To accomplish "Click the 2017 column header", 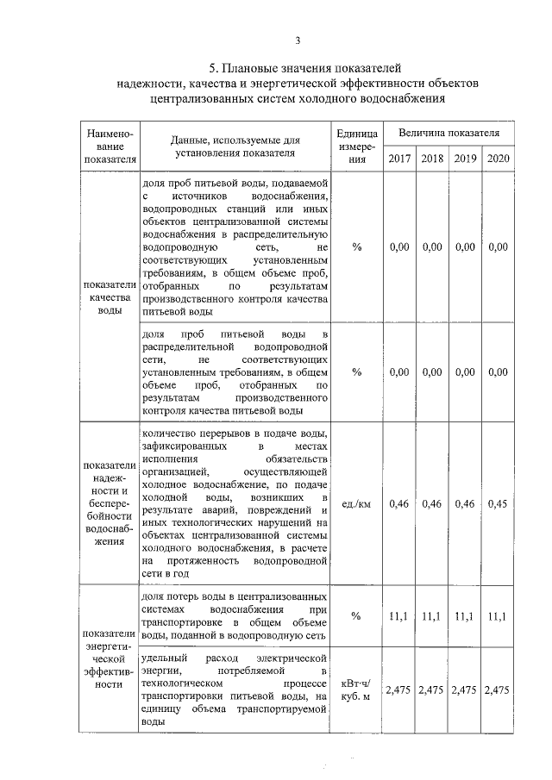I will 399,159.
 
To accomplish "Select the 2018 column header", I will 431,159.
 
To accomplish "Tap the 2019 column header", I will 465,159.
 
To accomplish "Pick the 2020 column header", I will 498,159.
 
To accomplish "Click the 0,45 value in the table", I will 498,502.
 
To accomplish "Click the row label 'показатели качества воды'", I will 109,297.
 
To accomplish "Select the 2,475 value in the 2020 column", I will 498,690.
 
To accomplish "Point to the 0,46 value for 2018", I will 431,502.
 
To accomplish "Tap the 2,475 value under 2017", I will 399,690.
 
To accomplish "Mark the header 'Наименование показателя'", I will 109,147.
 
